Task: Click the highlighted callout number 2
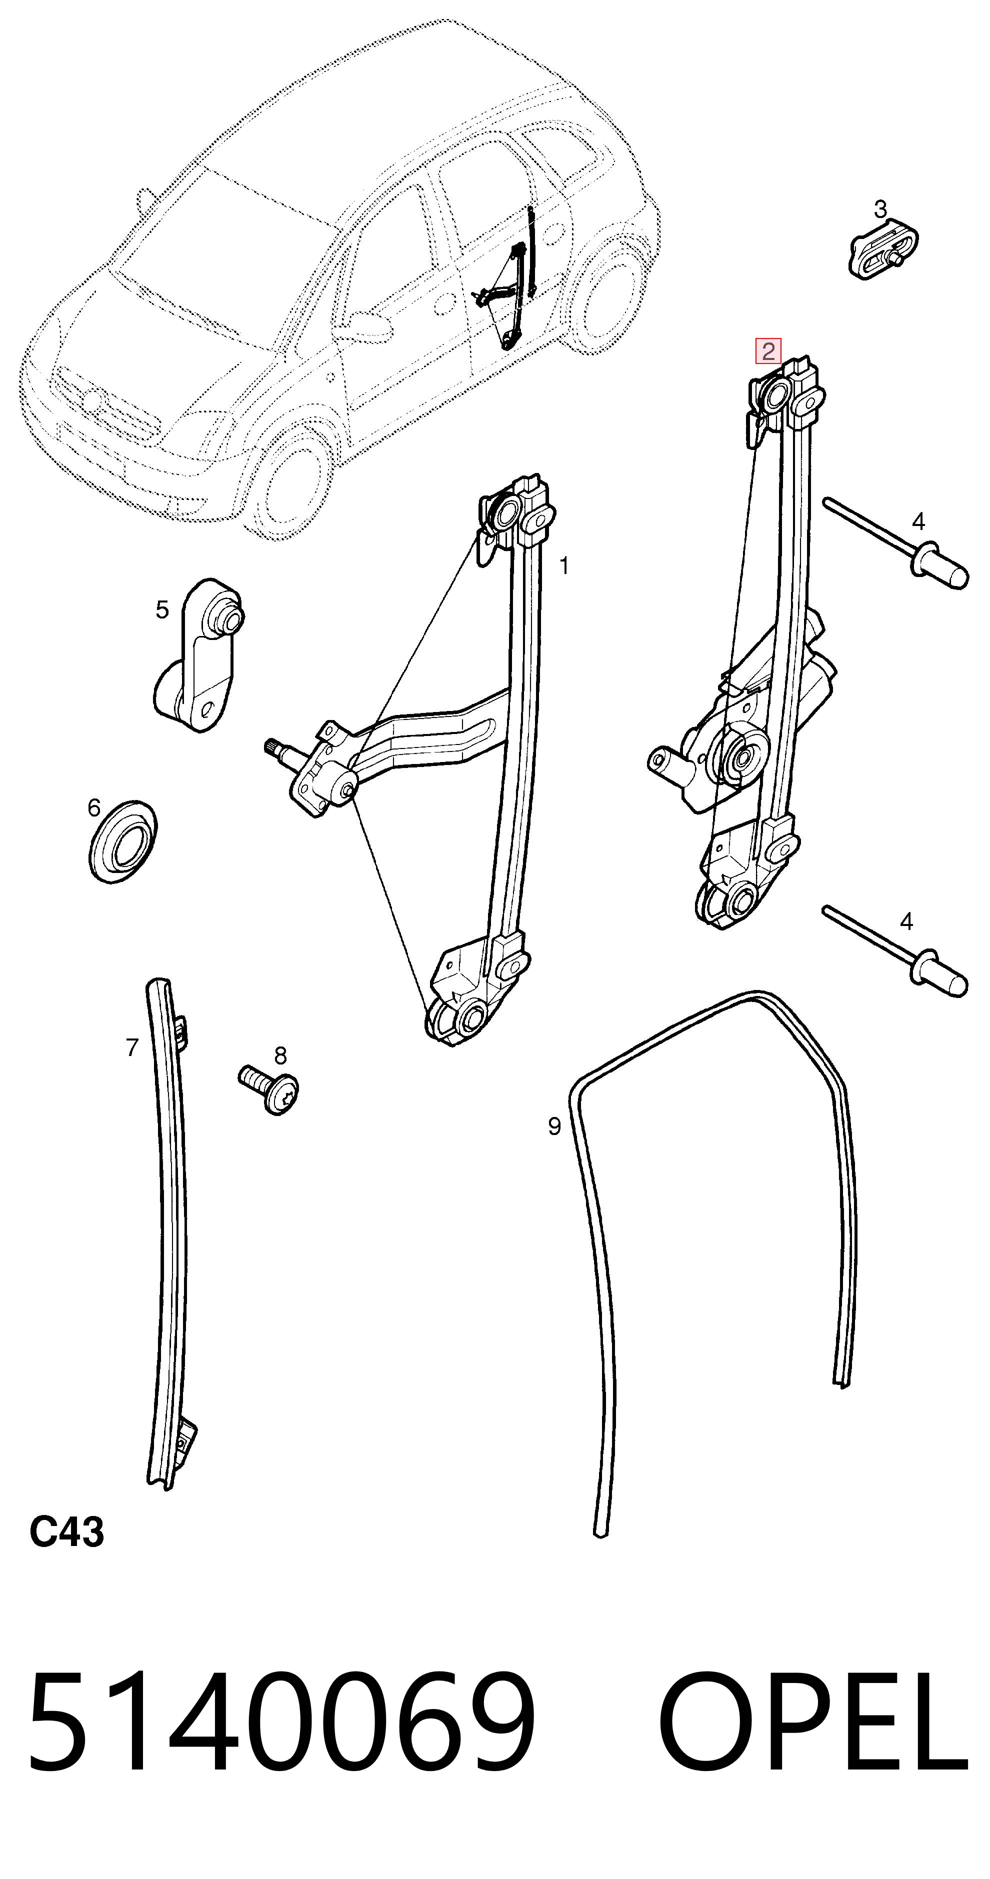point(767,351)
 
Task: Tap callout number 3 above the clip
point(880,209)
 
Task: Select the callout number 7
point(132,1047)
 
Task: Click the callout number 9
point(554,1126)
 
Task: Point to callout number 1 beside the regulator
point(564,565)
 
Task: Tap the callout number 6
point(94,807)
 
